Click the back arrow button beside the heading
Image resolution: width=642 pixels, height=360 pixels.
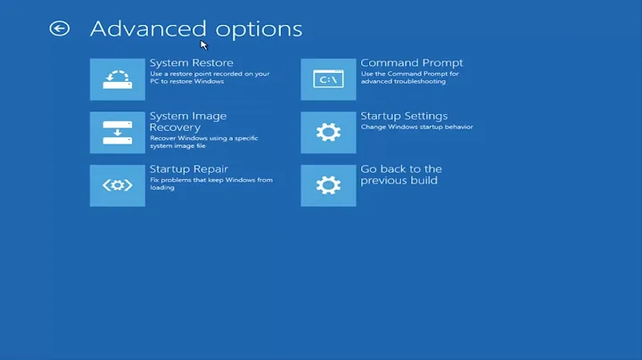pyautogui.click(x=60, y=29)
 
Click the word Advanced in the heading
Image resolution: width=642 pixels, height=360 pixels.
pyautogui.click(x=140, y=29)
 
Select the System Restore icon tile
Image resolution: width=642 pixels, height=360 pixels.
pyautogui.click(x=117, y=79)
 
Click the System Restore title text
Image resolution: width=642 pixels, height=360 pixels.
pyautogui.click(x=192, y=63)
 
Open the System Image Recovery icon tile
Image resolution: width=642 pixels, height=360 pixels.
pyautogui.click(x=117, y=132)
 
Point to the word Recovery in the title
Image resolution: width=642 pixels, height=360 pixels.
pyautogui.click(x=175, y=127)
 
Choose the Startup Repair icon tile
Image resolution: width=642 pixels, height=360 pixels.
pyautogui.click(x=117, y=184)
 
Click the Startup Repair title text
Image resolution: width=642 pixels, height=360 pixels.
pyautogui.click(x=189, y=169)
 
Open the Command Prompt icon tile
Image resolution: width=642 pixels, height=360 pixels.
pyautogui.click(x=328, y=79)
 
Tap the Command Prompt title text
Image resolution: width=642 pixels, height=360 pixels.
pyautogui.click(x=411, y=63)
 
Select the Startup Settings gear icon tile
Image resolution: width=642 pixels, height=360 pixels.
pyautogui.click(x=328, y=132)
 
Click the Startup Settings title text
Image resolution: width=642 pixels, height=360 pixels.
pyautogui.click(x=404, y=116)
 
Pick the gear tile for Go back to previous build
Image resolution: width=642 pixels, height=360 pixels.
pyautogui.click(x=328, y=184)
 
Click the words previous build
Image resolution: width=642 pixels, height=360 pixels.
pyautogui.click(x=396, y=181)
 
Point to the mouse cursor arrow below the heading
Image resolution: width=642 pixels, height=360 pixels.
pyautogui.click(x=203, y=45)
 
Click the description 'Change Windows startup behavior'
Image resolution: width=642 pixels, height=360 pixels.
pyautogui.click(x=416, y=127)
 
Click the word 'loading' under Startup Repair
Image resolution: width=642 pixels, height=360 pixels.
pyautogui.click(x=162, y=188)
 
